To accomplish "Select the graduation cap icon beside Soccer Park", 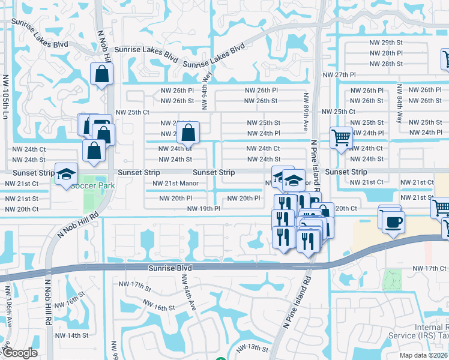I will (66, 174).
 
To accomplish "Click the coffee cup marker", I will (393, 223).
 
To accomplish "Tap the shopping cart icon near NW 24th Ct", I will (341, 137).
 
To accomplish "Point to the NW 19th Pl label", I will (203, 209).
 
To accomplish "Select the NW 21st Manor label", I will (175, 184).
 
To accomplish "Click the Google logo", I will (19, 353).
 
